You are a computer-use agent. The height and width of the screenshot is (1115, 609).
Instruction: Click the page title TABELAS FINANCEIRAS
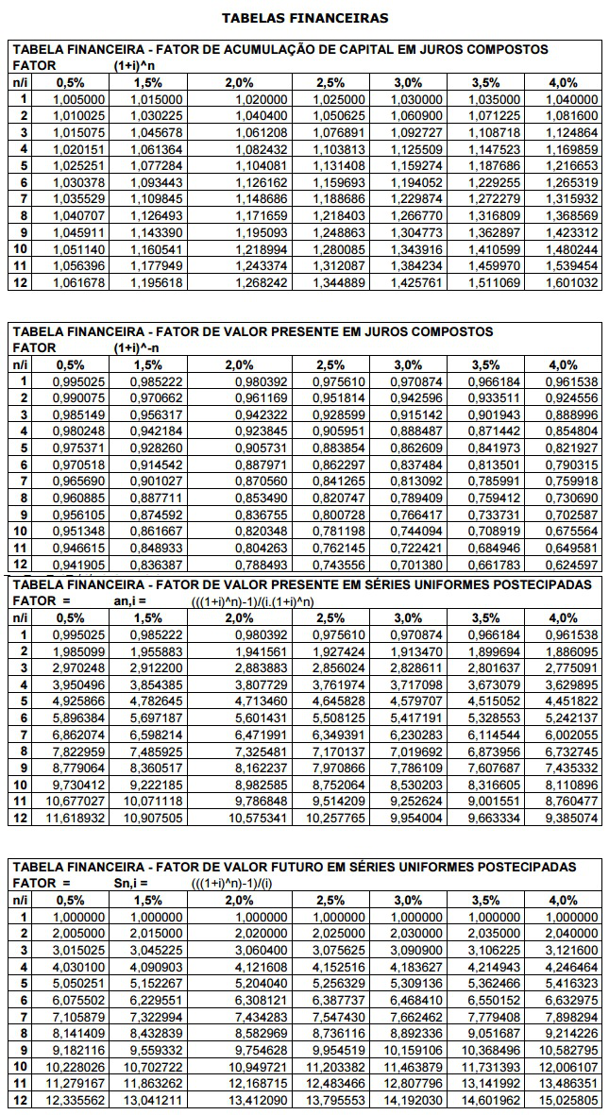click(x=304, y=17)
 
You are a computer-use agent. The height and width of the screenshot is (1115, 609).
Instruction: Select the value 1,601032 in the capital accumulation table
click(x=573, y=282)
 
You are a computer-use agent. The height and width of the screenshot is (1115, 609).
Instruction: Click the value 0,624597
click(x=573, y=566)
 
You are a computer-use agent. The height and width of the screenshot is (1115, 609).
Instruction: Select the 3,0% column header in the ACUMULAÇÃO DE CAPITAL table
click(x=408, y=82)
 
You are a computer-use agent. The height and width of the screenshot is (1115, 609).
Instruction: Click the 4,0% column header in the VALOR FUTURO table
click(x=564, y=899)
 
